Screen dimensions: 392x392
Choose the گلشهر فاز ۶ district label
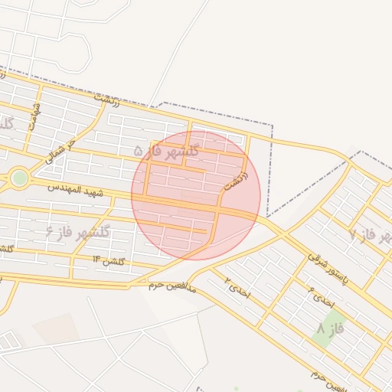click(77, 231)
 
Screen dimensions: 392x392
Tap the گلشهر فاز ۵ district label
click(166, 151)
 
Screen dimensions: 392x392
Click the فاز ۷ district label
click(367, 234)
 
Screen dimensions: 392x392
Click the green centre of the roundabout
click(20, 178)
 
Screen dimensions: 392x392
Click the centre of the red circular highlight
click(196, 195)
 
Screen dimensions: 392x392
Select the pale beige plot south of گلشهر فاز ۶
click(55, 328)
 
